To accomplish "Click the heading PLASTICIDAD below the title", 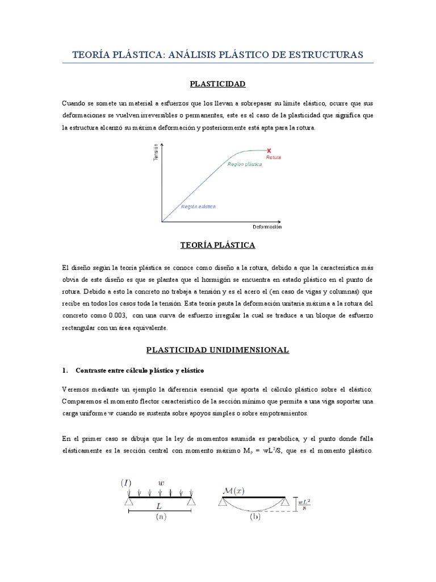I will click(x=217, y=84).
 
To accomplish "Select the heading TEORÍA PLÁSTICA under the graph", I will click(x=217, y=246).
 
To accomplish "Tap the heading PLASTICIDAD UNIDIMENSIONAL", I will click(x=217, y=350).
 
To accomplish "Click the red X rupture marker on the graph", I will click(x=269, y=151).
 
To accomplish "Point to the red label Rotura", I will click(x=274, y=157).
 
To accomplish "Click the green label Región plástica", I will click(x=245, y=164).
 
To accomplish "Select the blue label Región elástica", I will click(x=198, y=207).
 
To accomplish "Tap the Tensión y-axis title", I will click(x=156, y=152).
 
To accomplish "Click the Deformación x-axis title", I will click(x=267, y=227).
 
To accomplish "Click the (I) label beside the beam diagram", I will click(x=125, y=483).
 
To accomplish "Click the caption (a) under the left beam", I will click(x=160, y=517).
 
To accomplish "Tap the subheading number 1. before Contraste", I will click(x=65, y=371).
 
